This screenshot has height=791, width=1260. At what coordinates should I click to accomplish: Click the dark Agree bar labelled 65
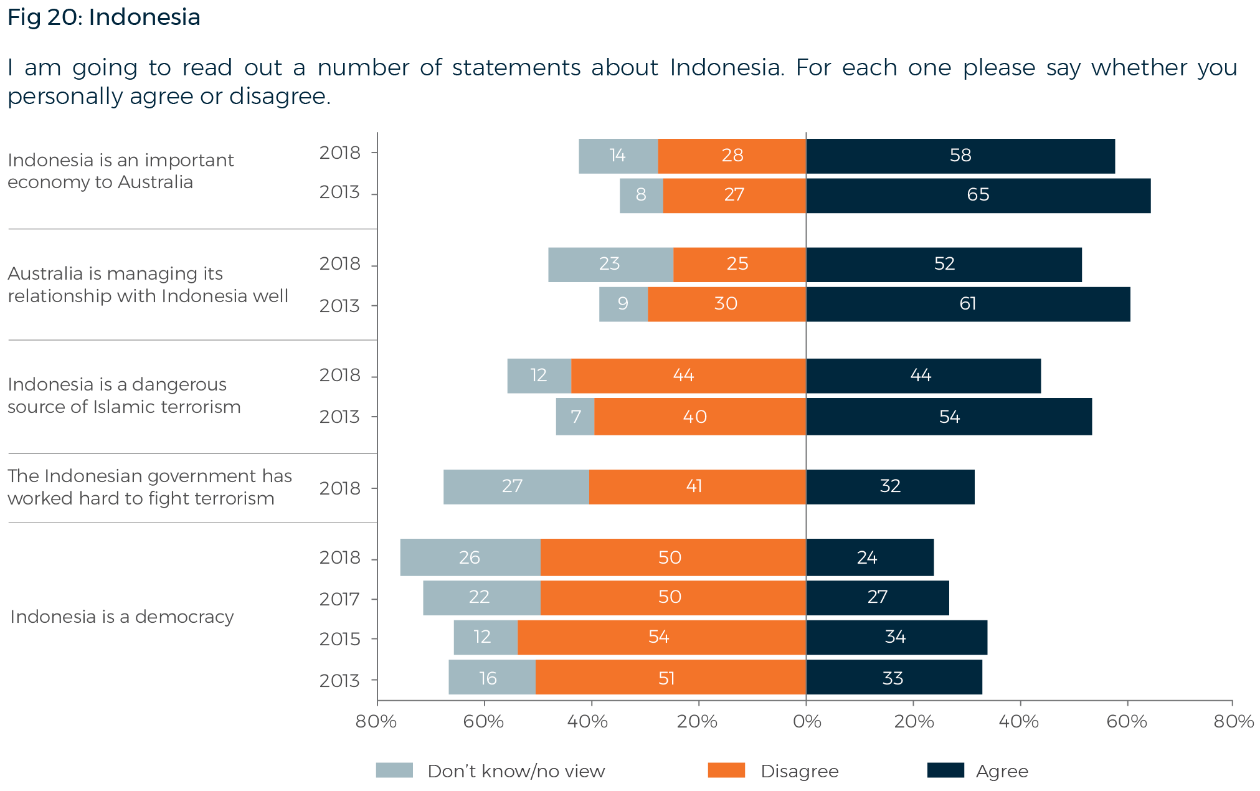pyautogui.click(x=978, y=196)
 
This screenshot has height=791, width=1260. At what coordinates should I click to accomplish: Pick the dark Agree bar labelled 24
pyautogui.click(x=869, y=557)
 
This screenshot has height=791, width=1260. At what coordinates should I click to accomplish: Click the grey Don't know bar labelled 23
pyautogui.click(x=610, y=264)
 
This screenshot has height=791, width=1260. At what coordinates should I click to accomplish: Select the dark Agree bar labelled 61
pyautogui.click(x=967, y=304)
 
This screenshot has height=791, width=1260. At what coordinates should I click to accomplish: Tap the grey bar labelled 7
pyautogui.click(x=574, y=417)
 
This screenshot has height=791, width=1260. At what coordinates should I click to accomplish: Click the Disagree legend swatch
pyautogui.click(x=726, y=770)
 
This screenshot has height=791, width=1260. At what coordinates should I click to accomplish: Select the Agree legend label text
pyautogui.click(x=1002, y=771)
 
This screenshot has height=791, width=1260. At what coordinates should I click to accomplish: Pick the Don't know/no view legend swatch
pyautogui.click(x=394, y=770)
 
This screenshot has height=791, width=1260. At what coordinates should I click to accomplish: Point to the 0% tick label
pyautogui.click(x=807, y=722)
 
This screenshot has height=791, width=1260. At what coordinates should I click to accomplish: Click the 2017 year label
pyautogui.click(x=339, y=599)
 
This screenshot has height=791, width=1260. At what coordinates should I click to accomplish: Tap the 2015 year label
pyautogui.click(x=339, y=639)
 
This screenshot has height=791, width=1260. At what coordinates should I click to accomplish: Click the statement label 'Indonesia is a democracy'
pyautogui.click(x=122, y=617)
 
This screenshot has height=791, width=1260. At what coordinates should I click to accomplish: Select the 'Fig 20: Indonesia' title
pyautogui.click(x=103, y=17)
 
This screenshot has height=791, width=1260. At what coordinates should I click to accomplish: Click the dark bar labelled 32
pyautogui.click(x=890, y=486)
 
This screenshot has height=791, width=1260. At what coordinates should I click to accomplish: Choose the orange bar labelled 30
pyautogui.click(x=726, y=304)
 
